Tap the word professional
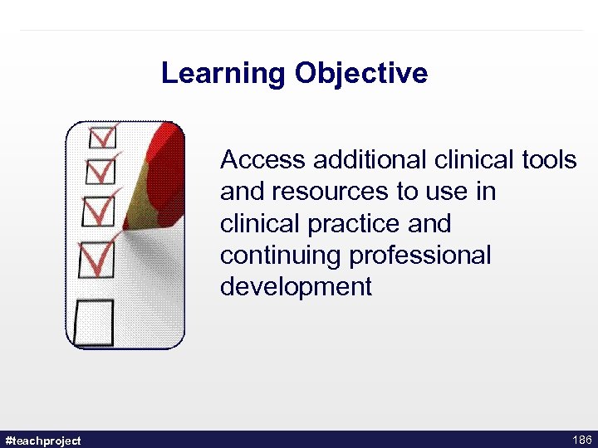pyautogui.click(x=420, y=256)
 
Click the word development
pyautogui.click(x=296, y=288)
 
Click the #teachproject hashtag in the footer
pyautogui.click(x=43, y=440)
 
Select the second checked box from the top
pyautogui.click(x=100, y=172)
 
